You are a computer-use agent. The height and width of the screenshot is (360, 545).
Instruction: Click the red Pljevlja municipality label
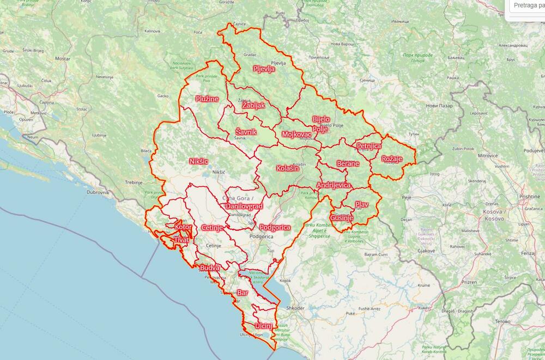tap(264, 69)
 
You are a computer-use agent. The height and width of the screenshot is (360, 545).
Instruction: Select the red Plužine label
tap(207, 99)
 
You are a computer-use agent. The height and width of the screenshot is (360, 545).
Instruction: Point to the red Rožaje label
tap(392, 158)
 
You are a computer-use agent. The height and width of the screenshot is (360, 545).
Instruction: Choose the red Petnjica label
tap(368, 146)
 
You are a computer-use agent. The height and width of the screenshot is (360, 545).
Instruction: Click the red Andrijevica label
tap(333, 185)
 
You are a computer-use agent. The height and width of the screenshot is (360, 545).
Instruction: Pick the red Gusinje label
tap(341, 218)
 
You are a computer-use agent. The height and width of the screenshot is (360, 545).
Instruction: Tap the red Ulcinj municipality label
tap(263, 326)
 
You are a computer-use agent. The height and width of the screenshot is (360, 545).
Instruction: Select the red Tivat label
tap(181, 240)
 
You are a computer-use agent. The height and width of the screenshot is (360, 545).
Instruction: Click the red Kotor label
tap(183, 227)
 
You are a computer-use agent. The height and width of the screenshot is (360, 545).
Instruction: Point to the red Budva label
tap(209, 268)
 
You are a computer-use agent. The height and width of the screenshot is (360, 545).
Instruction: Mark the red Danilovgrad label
tap(244, 206)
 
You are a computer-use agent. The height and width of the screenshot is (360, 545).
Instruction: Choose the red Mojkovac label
tap(296, 134)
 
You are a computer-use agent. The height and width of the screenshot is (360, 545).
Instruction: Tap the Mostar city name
tap(63, 58)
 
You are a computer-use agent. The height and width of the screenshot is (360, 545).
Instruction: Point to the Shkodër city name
tap(294, 308)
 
